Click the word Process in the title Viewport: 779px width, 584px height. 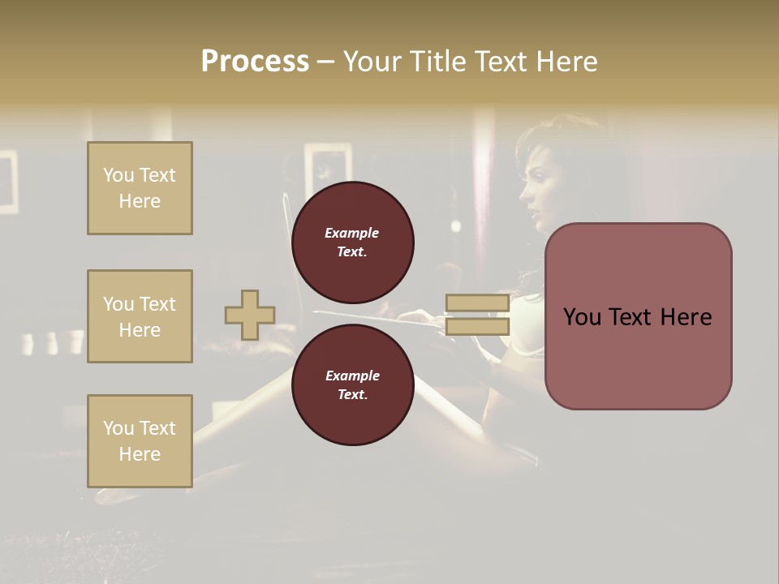tap(255, 62)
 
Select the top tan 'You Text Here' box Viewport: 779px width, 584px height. tap(140, 188)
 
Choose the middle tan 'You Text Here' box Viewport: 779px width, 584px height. tap(140, 316)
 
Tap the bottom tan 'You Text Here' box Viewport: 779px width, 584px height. tap(140, 441)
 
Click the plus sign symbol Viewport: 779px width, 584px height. tap(250, 315)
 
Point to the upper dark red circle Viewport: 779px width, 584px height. tap(352, 242)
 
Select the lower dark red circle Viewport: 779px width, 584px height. tap(352, 384)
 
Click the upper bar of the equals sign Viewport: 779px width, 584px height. tap(477, 303)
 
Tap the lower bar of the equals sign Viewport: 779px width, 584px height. tap(477, 327)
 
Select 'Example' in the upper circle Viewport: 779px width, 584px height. tap(351, 233)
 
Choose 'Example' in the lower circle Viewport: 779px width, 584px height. tap(351, 376)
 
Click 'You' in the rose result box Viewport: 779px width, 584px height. tap(582, 317)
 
